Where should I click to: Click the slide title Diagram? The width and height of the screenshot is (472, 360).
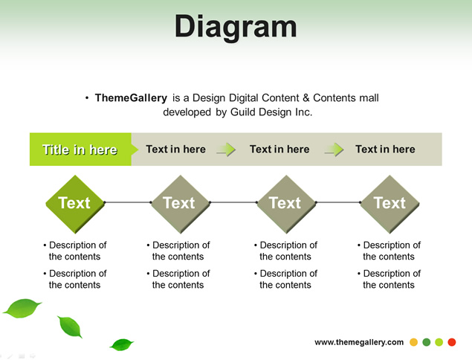tap(236, 28)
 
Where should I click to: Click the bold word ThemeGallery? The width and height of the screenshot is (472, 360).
tap(131, 98)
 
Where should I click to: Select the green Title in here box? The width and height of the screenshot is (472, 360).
tap(80, 149)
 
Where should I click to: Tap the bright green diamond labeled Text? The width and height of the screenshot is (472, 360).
tap(75, 204)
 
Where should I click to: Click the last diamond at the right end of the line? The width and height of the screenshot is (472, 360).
tap(389, 204)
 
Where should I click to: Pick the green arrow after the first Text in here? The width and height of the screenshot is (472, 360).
tap(226, 150)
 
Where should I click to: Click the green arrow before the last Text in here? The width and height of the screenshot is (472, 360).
tap(334, 150)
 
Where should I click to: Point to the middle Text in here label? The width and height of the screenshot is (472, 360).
tap(279, 149)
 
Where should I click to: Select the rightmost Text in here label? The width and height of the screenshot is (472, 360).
tap(385, 149)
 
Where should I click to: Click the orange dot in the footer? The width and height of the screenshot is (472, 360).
tap(413, 342)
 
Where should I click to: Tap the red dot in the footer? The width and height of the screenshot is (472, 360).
tap(452, 342)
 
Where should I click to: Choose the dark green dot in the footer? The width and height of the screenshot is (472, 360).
tap(427, 342)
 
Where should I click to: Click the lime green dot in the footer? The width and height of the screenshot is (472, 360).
tap(439, 342)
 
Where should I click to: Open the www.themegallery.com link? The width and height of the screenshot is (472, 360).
tap(359, 342)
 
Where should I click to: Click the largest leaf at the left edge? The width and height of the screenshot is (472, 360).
tap(22, 308)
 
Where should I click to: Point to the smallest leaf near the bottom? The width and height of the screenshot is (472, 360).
tap(122, 344)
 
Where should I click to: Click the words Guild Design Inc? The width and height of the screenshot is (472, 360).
tap(271, 112)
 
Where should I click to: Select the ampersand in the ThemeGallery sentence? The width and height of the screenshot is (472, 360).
tap(306, 98)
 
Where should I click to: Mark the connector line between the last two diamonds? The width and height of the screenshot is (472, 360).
tap(338, 202)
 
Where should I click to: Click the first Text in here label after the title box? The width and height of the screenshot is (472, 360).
tap(176, 149)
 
